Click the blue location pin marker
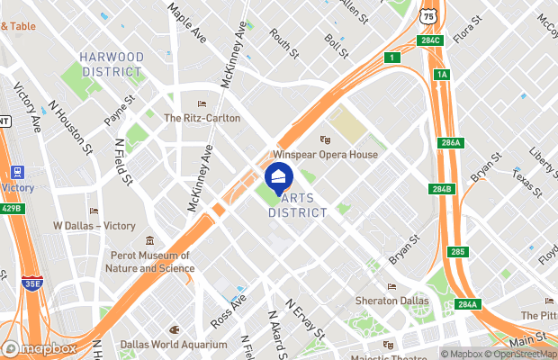click(279, 176)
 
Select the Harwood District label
click(112, 64)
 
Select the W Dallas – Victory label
click(89, 225)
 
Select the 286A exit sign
click(450, 143)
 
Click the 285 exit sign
click(459, 251)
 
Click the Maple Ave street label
click(184, 18)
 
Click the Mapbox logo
click(40, 348)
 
